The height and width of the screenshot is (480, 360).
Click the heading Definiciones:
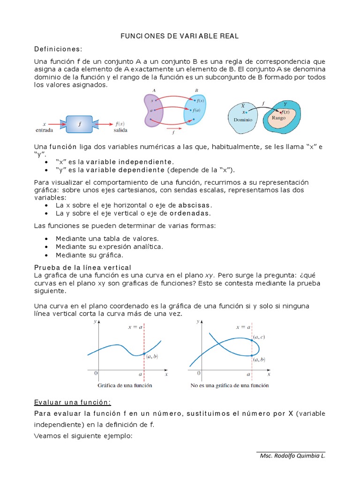tap(58, 49)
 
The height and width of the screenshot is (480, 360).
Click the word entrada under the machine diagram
tap(44, 130)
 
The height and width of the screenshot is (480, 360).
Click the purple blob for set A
tap(154, 111)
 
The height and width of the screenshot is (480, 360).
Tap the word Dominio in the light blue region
tap(243, 120)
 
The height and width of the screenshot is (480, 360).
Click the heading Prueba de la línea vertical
tap(82, 267)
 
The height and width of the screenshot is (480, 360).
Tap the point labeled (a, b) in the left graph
tap(144, 353)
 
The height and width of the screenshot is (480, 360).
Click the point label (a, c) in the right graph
tap(259, 337)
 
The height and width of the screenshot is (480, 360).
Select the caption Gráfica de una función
tap(125, 386)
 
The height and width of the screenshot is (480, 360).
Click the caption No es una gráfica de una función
tap(230, 386)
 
